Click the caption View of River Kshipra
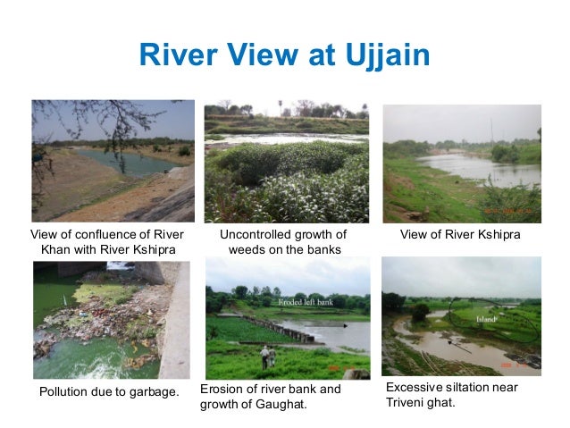(460, 234)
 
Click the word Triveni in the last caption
(407, 402)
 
